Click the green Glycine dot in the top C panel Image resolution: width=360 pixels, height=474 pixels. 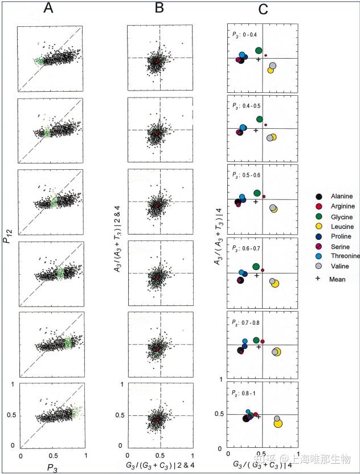point(259,51)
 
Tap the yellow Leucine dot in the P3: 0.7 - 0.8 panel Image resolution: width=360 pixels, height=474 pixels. point(277,352)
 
